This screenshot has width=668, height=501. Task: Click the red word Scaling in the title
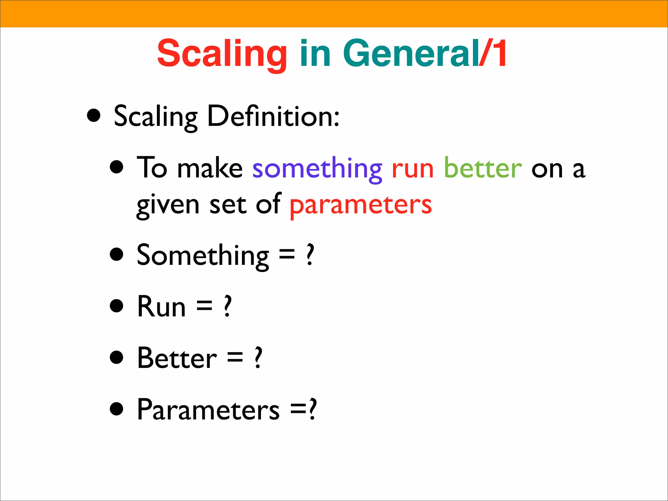pyautogui.click(x=222, y=54)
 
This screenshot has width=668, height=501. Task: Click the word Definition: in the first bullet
pyautogui.click(x=273, y=116)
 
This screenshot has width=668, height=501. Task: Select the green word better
pyautogui.click(x=483, y=168)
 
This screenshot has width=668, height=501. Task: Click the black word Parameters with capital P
pyautogui.click(x=208, y=410)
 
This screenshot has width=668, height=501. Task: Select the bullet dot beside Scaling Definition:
pyautogui.click(x=94, y=115)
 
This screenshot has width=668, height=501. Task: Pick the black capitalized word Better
pyautogui.click(x=177, y=358)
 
